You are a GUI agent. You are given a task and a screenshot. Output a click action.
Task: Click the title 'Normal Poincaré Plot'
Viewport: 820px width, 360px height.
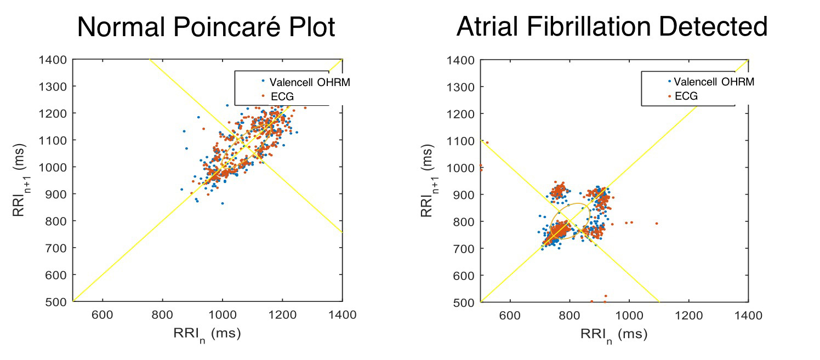click(206, 27)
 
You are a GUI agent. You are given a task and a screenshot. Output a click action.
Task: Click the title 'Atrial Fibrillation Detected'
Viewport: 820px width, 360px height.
click(612, 27)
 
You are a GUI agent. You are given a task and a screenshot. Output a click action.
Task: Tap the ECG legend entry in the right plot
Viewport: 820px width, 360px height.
click(686, 96)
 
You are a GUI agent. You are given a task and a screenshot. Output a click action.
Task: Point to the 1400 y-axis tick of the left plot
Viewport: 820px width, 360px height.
click(53, 59)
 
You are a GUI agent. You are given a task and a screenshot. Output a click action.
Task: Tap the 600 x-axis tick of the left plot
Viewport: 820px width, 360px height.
click(102, 315)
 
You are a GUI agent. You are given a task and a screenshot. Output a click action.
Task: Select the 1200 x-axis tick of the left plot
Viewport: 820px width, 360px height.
click(282, 315)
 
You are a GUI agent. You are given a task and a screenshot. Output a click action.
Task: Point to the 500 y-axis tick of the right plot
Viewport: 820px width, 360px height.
click(464, 302)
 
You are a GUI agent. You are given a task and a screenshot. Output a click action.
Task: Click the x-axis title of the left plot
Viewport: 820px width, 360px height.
click(207, 334)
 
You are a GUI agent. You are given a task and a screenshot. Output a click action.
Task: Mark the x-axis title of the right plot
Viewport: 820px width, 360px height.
click(613, 334)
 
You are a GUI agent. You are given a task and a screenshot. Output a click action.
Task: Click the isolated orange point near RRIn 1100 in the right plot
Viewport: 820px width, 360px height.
click(656, 223)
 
